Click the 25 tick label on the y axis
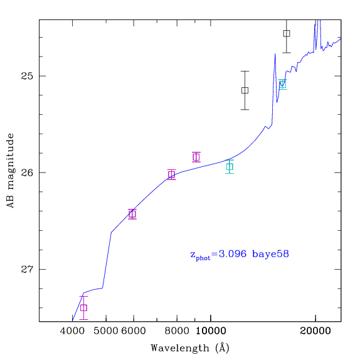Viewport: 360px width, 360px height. pos(27,76)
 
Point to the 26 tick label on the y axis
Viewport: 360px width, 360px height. pos(27,172)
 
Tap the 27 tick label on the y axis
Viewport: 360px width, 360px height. pos(27,269)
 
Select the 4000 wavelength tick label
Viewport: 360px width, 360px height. pos(72,331)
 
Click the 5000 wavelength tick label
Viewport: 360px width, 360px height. pos(106,331)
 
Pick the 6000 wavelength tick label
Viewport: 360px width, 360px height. pos(134,331)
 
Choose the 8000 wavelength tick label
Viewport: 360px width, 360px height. pos(177,331)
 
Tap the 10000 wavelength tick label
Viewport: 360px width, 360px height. pos(211,331)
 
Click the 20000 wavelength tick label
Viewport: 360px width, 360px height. pos(315,331)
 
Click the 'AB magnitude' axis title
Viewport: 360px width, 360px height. pos(10,171)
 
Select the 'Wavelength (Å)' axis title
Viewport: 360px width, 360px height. pos(190,348)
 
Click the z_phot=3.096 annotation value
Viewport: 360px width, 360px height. pos(218,255)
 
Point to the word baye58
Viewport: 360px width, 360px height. pos(271,254)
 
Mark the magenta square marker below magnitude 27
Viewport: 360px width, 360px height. pos(83,308)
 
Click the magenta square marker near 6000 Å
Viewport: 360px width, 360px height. pos(132,214)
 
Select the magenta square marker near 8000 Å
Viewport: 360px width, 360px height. pos(171,175)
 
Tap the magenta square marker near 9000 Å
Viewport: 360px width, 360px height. pos(196,157)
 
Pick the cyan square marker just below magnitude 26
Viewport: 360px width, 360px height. pos(230,167)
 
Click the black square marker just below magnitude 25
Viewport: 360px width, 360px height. pos(245,90)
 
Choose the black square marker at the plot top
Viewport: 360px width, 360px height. pos(287,33)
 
